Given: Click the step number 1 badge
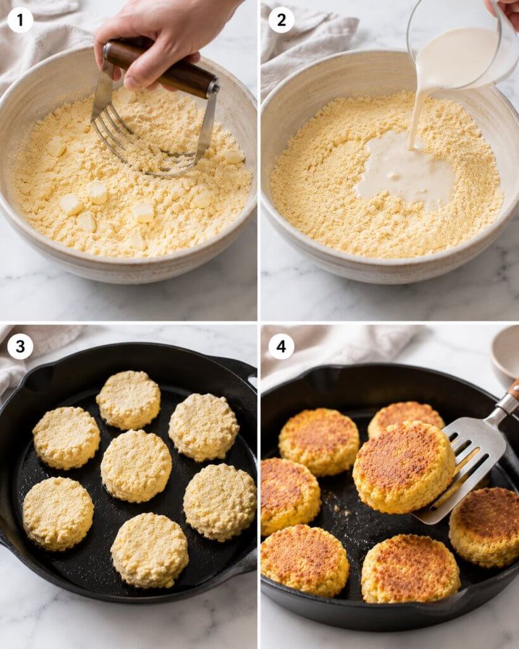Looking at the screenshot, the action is coord(20,20).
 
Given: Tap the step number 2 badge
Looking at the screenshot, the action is coord(281,20).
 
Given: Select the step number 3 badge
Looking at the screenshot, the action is coord(20,346).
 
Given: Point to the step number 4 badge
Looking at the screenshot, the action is coord(281,346).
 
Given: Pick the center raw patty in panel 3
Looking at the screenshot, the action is coord(136,466).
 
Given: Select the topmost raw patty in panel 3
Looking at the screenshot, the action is coord(128,400).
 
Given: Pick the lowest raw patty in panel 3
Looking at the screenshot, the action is coord(150,550).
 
